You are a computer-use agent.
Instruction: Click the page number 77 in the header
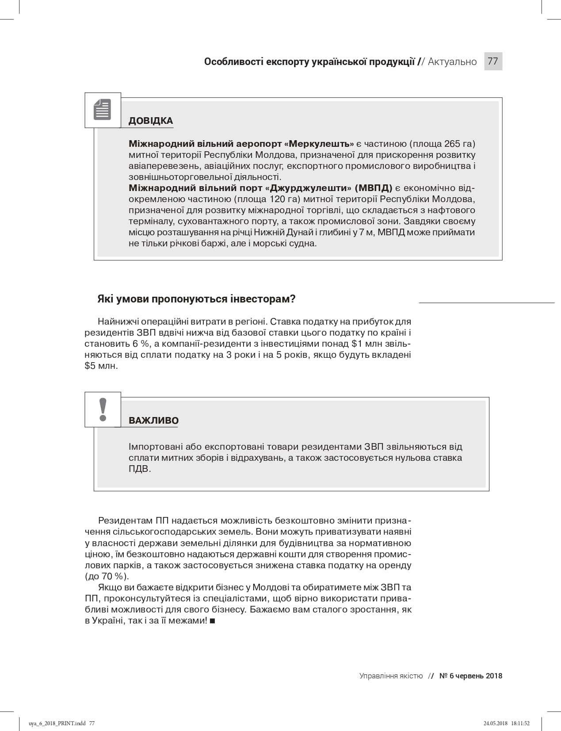pos(493,61)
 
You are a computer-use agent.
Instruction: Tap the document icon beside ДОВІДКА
pos(103,110)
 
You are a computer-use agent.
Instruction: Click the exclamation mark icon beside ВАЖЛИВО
pos(103,409)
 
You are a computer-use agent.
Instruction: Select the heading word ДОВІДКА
pos(151,121)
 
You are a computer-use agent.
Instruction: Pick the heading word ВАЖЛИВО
pos(153,420)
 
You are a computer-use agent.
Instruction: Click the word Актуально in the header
pos(452,61)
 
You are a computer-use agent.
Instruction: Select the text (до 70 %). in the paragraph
pos(107,576)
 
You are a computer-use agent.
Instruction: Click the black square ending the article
pos(212,621)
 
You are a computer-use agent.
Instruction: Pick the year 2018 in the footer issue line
pos(493,676)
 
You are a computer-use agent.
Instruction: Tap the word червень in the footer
pos(469,676)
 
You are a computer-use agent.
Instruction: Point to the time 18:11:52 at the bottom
pos(520,723)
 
